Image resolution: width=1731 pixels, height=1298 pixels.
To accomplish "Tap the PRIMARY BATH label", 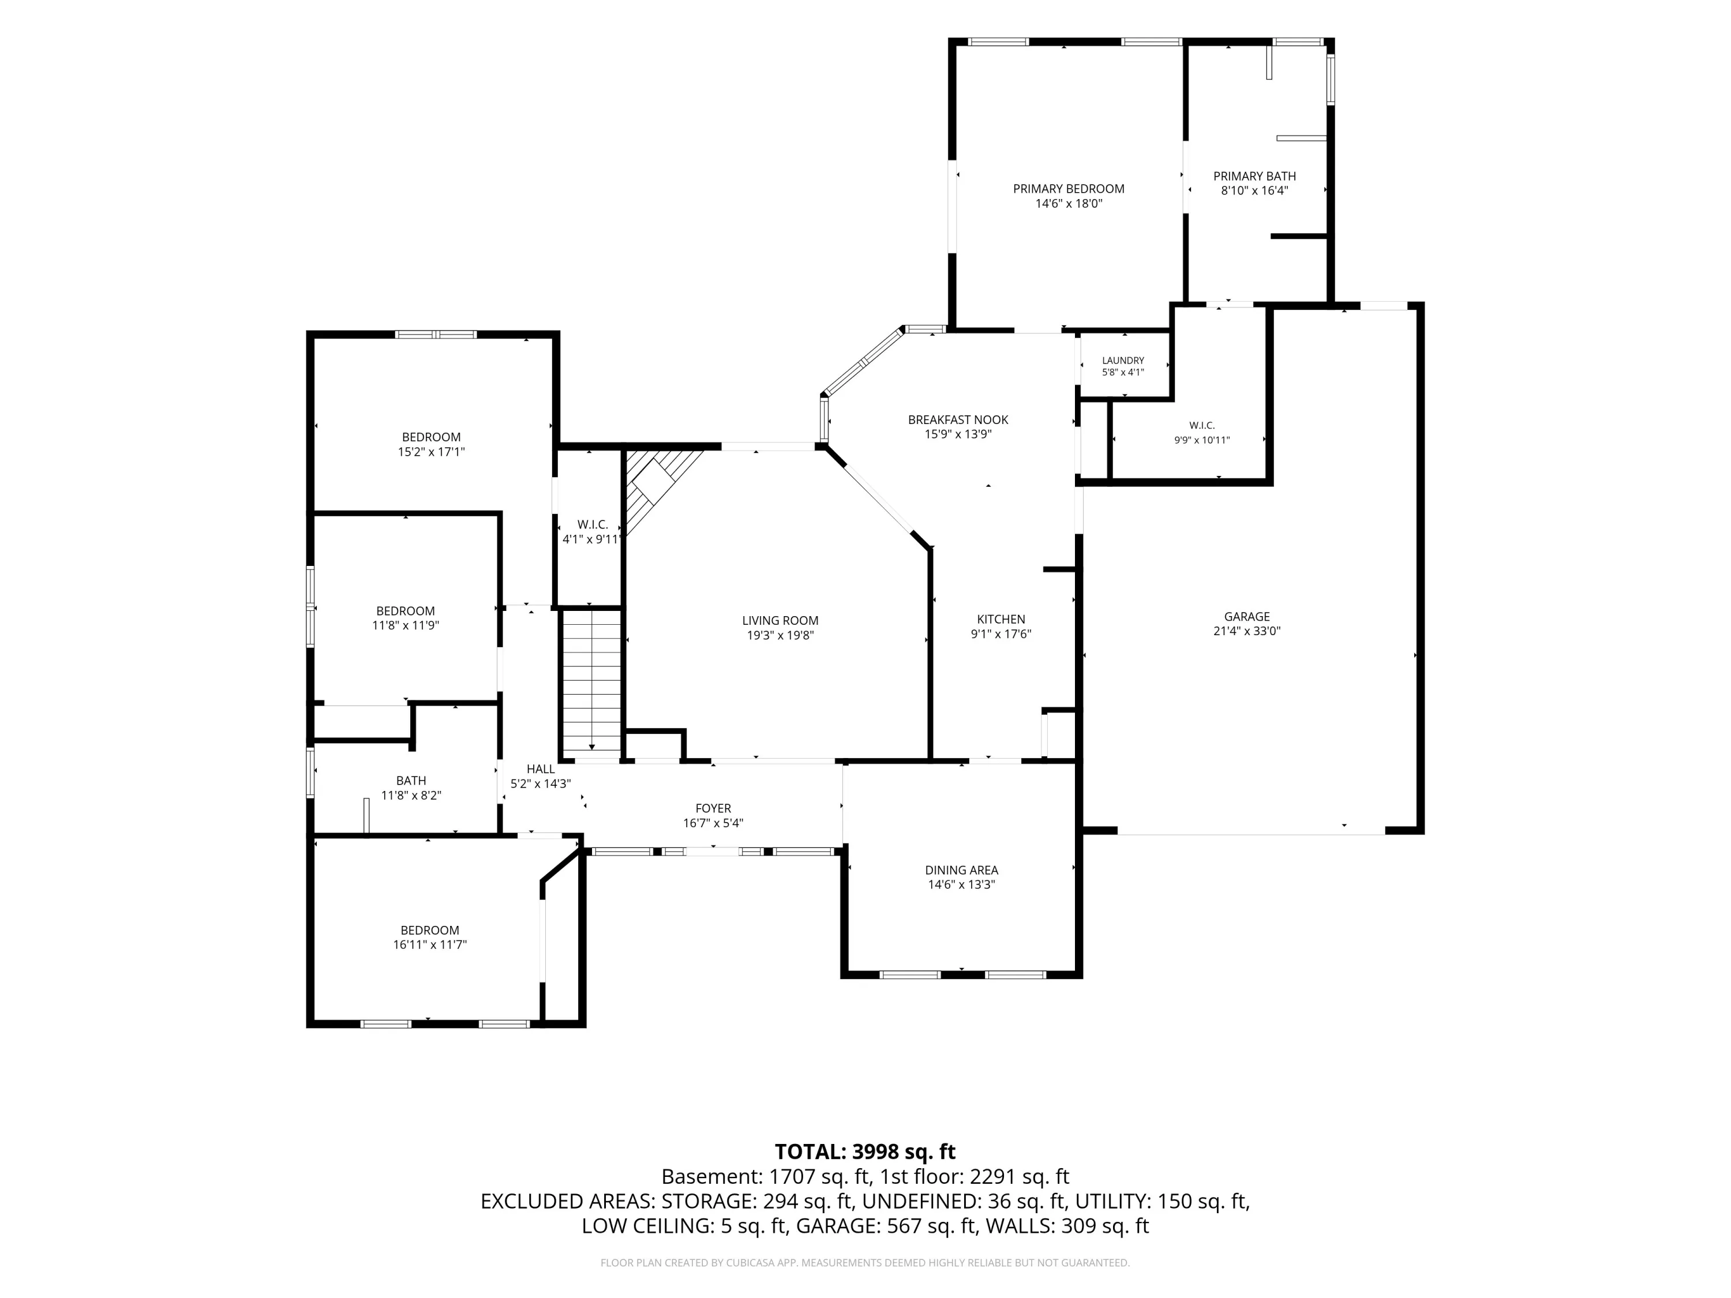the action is point(1254,176).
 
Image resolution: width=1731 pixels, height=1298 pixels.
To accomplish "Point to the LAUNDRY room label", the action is point(1123,361).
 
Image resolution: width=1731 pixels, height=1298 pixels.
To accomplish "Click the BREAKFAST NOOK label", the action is point(958,420).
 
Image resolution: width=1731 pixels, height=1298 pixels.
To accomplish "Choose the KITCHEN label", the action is point(1001,620).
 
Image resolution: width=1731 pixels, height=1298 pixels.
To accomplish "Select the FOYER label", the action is point(713,808).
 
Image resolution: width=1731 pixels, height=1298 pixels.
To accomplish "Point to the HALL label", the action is point(541,769).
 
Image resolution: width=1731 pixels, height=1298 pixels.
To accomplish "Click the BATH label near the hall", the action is point(411,781).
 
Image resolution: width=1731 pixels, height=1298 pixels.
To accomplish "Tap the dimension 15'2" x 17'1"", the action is point(431,452).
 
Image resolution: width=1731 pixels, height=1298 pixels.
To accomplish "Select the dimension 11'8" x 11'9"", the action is point(406,625).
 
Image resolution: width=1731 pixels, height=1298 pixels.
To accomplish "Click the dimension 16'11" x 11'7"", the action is point(430,944).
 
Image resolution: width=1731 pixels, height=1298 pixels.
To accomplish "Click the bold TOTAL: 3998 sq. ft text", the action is point(865,1151).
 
